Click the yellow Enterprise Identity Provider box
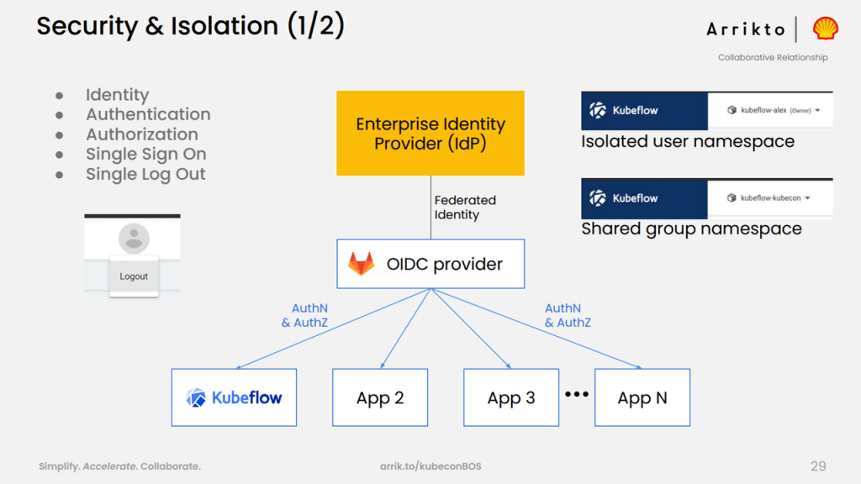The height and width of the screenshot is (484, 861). click(x=430, y=134)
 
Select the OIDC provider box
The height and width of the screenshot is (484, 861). click(x=430, y=264)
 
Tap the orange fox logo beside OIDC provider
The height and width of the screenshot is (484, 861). click(x=362, y=264)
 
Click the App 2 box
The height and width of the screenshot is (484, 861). click(x=380, y=397)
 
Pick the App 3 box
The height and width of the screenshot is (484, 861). click(x=511, y=397)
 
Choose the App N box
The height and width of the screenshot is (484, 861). click(x=642, y=397)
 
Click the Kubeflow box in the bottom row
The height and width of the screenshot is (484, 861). click(x=234, y=397)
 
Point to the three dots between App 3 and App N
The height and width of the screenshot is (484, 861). click(x=577, y=394)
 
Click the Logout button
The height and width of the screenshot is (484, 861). click(x=134, y=276)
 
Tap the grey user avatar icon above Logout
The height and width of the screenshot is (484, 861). click(x=134, y=238)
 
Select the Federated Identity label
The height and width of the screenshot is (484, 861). click(x=465, y=208)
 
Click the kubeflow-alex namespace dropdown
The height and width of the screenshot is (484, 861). click(x=774, y=110)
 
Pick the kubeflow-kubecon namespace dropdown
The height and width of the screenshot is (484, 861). click(x=769, y=198)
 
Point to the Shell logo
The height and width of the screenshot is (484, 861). click(x=826, y=29)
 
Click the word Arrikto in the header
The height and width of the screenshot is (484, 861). click(x=746, y=29)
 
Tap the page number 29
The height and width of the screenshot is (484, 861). click(x=818, y=466)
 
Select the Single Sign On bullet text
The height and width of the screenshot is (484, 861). click(x=146, y=155)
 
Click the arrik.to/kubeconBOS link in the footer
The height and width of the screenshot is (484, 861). click(x=430, y=466)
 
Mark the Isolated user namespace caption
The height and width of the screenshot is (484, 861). click(x=688, y=141)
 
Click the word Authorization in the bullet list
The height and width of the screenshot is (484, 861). click(x=141, y=134)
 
